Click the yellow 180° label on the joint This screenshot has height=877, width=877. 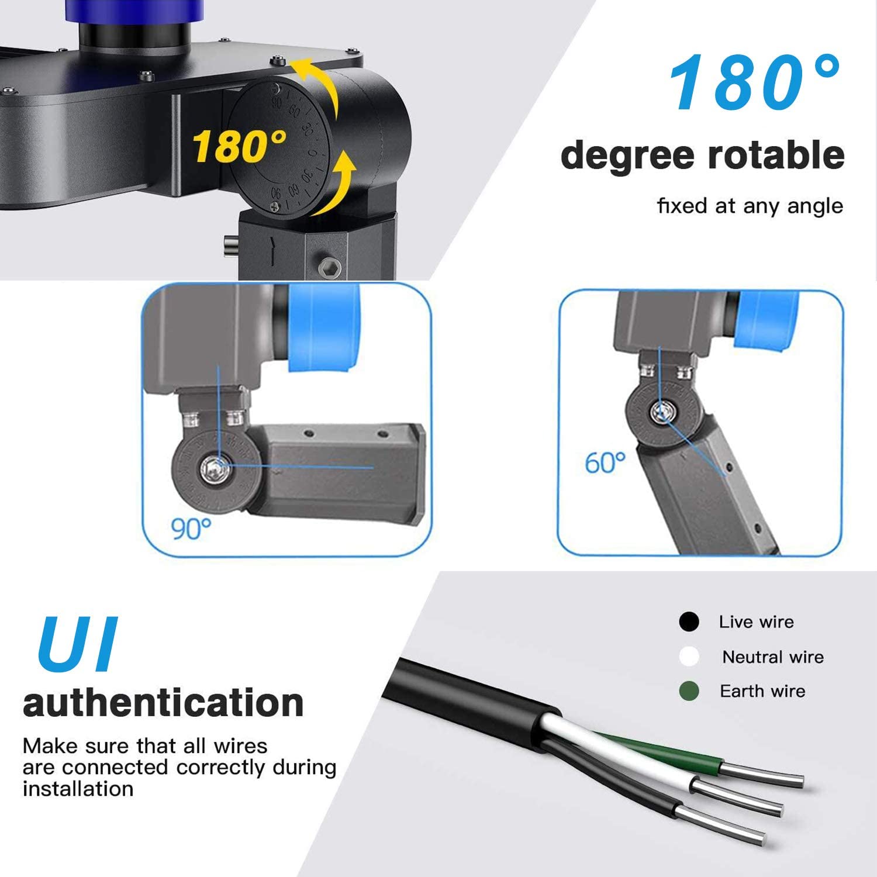(239, 146)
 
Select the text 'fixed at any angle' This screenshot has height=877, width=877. (750, 206)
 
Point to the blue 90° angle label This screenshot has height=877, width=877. (191, 529)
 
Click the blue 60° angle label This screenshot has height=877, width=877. (605, 463)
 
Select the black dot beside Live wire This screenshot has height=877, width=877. (689, 622)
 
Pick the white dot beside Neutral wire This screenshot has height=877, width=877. (689, 657)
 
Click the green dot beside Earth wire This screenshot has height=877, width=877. (689, 692)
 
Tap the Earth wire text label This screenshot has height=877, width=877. (762, 691)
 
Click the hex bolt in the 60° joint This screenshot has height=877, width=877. (662, 413)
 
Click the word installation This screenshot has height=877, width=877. (78, 789)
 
